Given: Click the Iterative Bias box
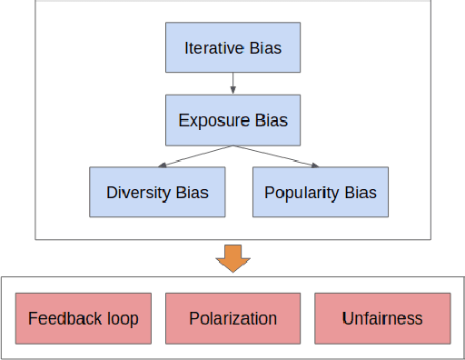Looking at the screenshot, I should [x=232, y=47].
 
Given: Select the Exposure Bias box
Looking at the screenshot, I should [x=232, y=120].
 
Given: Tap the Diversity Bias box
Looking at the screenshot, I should [x=157, y=192].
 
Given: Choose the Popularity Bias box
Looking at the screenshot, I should [x=321, y=192].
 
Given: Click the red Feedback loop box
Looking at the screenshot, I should [x=83, y=318].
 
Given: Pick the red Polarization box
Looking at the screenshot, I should [x=232, y=318].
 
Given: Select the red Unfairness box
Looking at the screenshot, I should [x=382, y=318].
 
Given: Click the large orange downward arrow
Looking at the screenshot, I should [x=233, y=257].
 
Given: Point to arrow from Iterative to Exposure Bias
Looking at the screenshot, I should [x=233, y=84].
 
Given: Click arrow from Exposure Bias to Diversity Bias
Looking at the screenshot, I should [x=195, y=155].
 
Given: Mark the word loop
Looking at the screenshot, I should [x=121, y=318].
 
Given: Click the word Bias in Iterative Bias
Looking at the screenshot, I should [x=265, y=47].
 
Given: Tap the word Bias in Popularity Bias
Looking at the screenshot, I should [x=360, y=193].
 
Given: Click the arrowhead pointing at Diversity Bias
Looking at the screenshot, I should [x=161, y=165].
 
